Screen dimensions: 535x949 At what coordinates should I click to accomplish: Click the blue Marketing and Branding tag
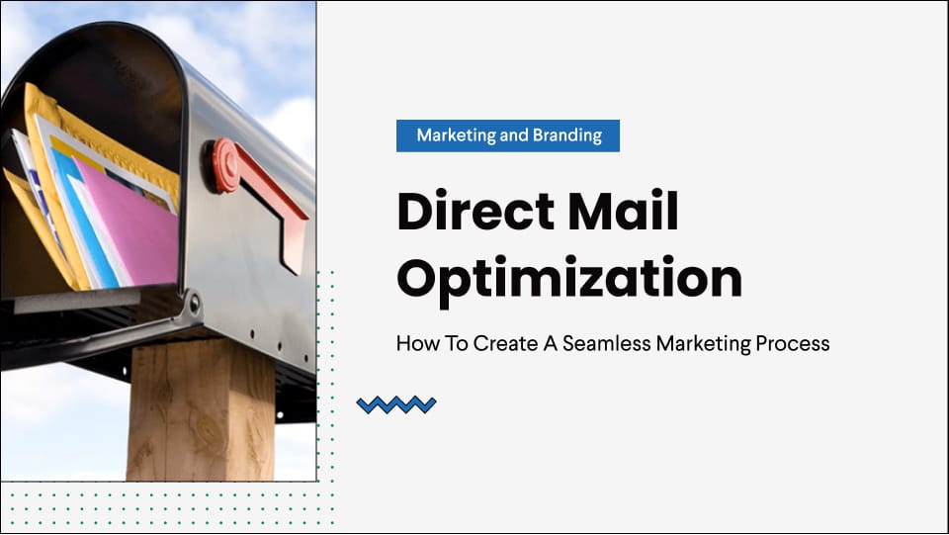tap(508, 135)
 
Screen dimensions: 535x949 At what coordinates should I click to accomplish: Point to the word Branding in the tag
tap(566, 135)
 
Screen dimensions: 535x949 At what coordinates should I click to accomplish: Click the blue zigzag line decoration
tap(396, 403)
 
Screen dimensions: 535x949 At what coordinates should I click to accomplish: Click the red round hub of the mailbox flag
tap(221, 164)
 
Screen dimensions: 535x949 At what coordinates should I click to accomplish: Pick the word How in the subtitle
tap(413, 344)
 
